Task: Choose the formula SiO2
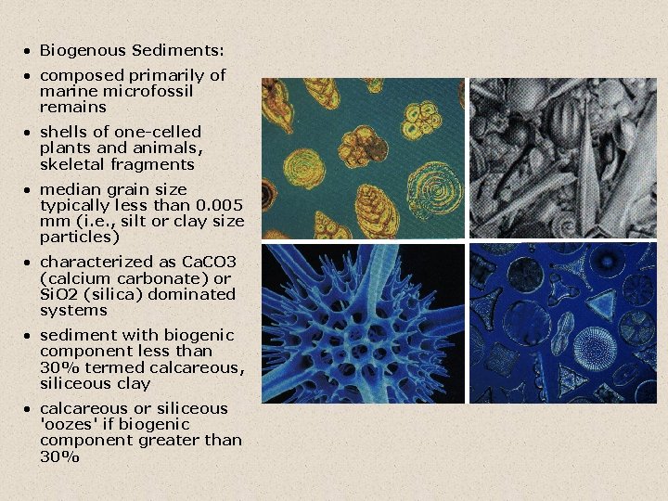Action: point(62,294)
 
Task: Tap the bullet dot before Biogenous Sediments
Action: point(29,50)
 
